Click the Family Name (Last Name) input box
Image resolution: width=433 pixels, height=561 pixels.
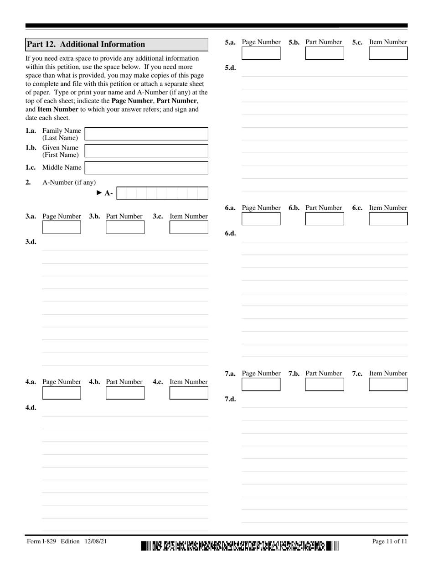(146, 134)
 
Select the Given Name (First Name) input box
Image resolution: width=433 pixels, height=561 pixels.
(146, 151)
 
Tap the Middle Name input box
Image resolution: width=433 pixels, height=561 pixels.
(146, 168)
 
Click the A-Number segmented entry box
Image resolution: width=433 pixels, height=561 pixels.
(162, 193)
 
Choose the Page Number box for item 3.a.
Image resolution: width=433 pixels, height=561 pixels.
(62, 227)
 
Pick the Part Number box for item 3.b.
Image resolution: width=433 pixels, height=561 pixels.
(125, 227)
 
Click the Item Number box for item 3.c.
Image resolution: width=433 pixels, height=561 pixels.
(189, 227)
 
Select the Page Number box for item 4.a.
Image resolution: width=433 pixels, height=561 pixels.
(62, 393)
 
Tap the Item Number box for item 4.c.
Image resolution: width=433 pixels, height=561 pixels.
(189, 393)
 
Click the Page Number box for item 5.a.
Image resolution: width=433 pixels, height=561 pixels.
(261, 53)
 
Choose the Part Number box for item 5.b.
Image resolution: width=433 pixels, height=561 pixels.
(325, 53)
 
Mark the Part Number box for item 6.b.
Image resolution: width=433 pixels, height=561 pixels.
(325, 219)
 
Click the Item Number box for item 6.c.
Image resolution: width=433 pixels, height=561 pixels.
(388, 219)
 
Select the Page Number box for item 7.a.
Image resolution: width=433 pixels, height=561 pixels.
(261, 384)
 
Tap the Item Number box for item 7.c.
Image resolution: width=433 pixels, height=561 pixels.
(388, 384)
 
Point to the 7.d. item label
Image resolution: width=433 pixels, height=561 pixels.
(230, 399)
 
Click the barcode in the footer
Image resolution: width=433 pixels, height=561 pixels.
(240, 545)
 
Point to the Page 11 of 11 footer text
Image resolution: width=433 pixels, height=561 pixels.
(389, 541)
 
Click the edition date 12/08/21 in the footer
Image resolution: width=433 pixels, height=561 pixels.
(96, 541)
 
